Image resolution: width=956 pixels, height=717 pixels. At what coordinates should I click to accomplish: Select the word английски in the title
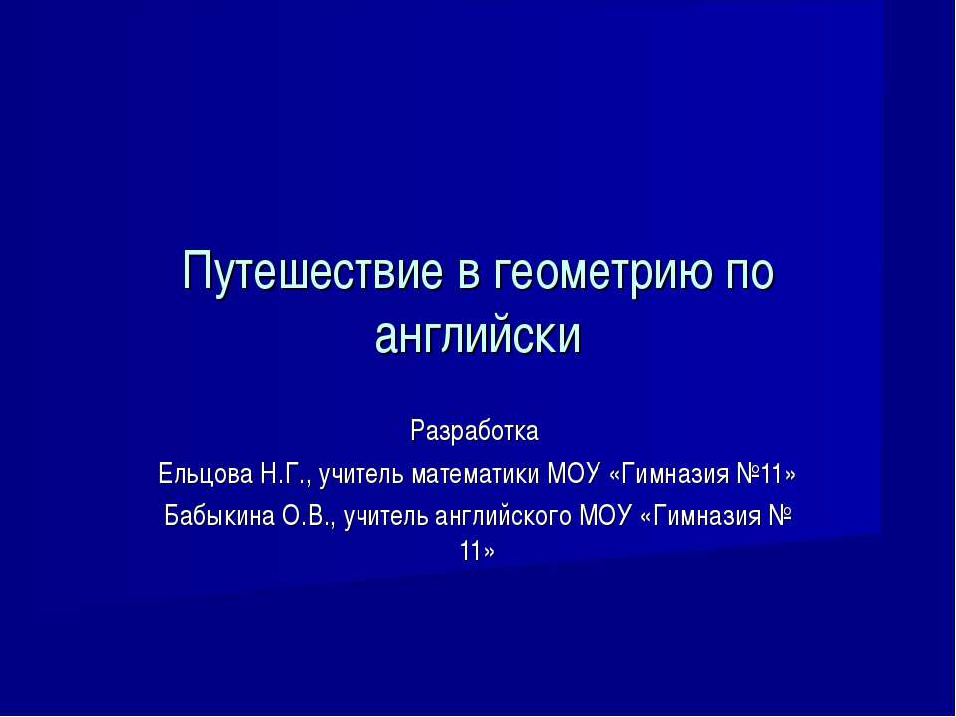(477, 336)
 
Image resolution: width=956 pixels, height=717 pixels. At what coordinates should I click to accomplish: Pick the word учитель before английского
(379, 515)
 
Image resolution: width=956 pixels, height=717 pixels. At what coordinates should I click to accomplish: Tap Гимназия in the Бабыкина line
(704, 515)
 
